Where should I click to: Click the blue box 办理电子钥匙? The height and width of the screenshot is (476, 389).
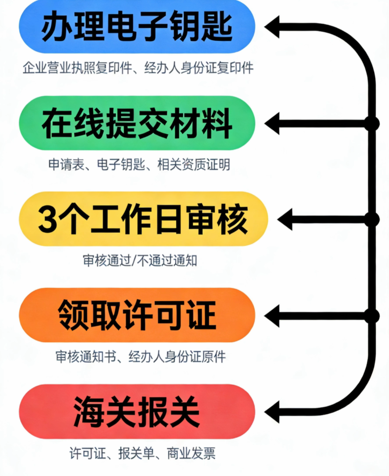[x=137, y=27]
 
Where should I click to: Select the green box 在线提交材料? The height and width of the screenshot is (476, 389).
[x=137, y=123]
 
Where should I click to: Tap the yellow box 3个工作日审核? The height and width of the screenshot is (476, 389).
[x=143, y=219]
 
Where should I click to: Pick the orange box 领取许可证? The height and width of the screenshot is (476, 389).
[x=137, y=315]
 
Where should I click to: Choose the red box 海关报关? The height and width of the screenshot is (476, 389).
[x=137, y=412]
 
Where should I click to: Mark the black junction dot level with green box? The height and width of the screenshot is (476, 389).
[x=372, y=123]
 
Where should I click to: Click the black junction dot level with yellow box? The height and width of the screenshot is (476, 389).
[x=372, y=219]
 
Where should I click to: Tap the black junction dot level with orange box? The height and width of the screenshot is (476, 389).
[x=372, y=316]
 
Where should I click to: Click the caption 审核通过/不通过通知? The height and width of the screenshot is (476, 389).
[x=140, y=261]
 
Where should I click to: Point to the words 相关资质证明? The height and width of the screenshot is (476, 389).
[x=194, y=165]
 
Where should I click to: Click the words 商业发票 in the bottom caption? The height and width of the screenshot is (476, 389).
[x=191, y=453]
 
